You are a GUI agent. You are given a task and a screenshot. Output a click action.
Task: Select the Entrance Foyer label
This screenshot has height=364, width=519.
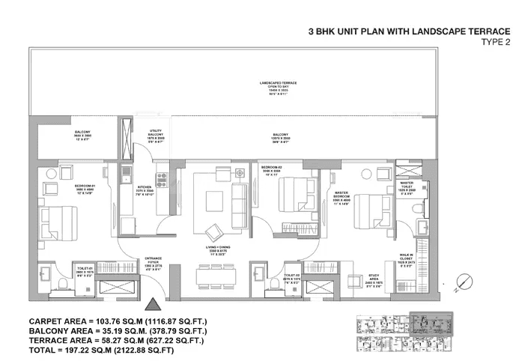tap(153, 265)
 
